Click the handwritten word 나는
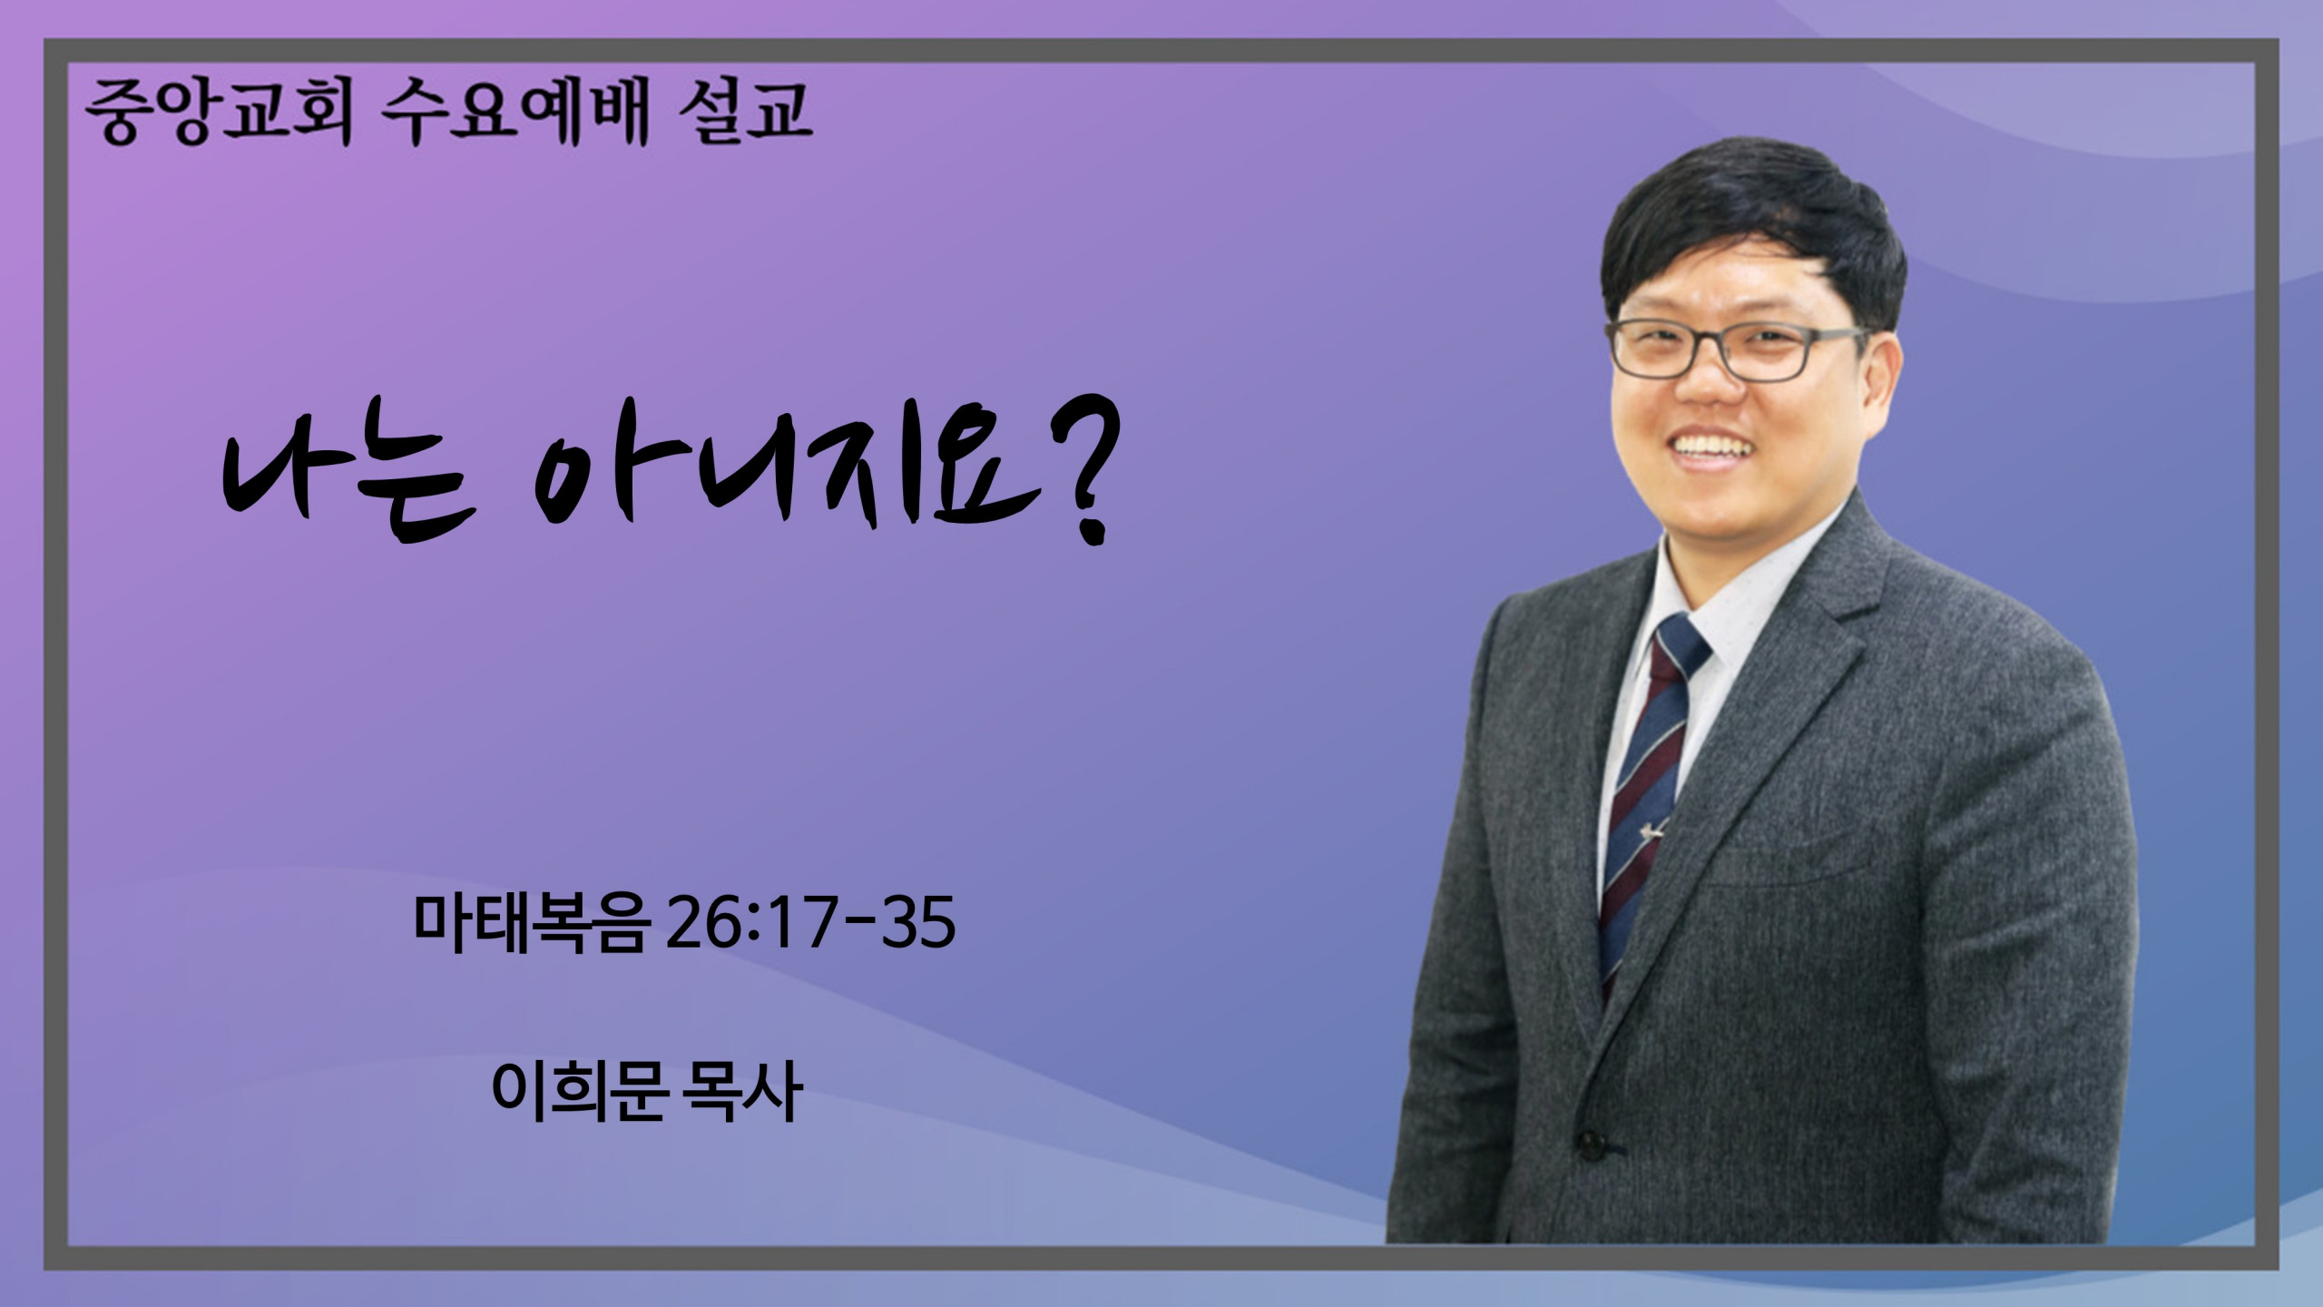349,486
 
